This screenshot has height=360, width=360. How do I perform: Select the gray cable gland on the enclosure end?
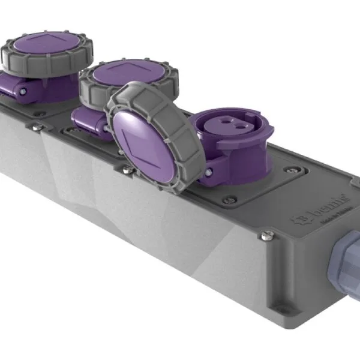[x=344, y=253]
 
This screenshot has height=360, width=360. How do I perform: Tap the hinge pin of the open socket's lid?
[x=208, y=172]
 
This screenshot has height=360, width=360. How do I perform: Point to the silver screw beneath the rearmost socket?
[x=36, y=127]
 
